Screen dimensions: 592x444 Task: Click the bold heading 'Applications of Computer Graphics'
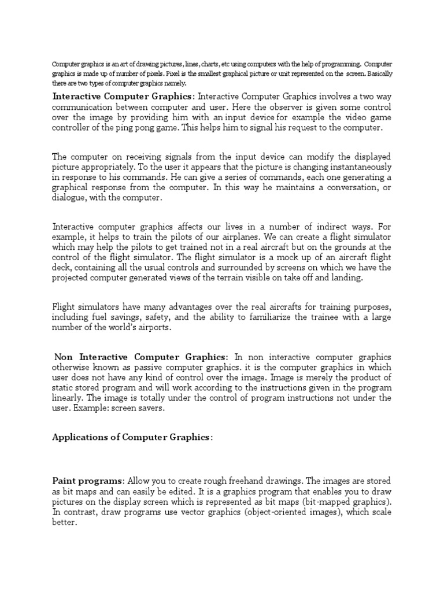point(131,437)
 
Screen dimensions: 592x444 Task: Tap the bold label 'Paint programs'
point(87,481)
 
